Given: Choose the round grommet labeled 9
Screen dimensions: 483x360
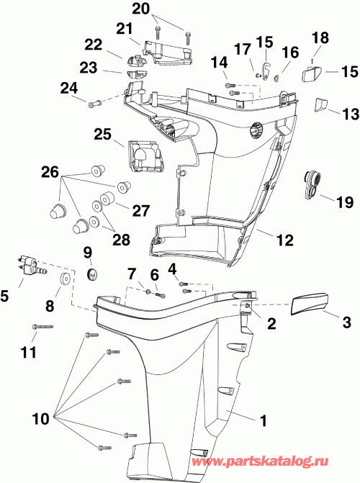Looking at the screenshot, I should (90, 274).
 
